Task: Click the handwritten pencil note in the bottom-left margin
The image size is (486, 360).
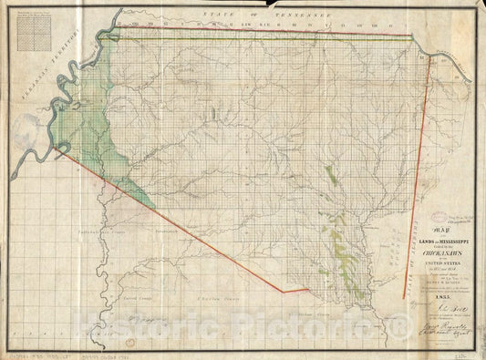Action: (36, 352)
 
